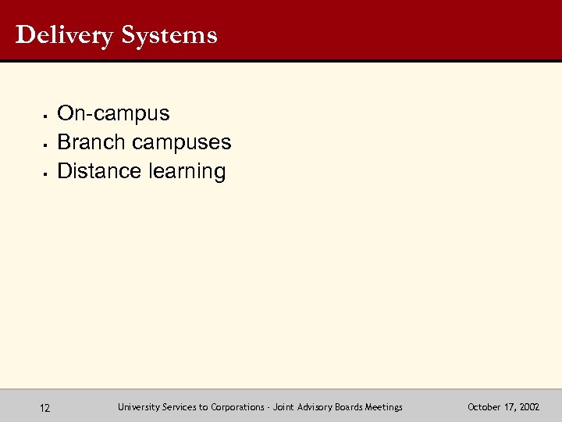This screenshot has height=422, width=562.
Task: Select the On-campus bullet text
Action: coord(114,114)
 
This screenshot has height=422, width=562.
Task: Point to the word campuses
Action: coord(182,142)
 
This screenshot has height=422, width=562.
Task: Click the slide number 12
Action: coord(45,407)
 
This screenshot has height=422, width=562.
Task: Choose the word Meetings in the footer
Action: coord(383,407)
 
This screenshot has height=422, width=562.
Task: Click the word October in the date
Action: coord(484,407)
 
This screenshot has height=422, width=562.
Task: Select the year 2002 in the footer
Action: coord(528,407)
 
